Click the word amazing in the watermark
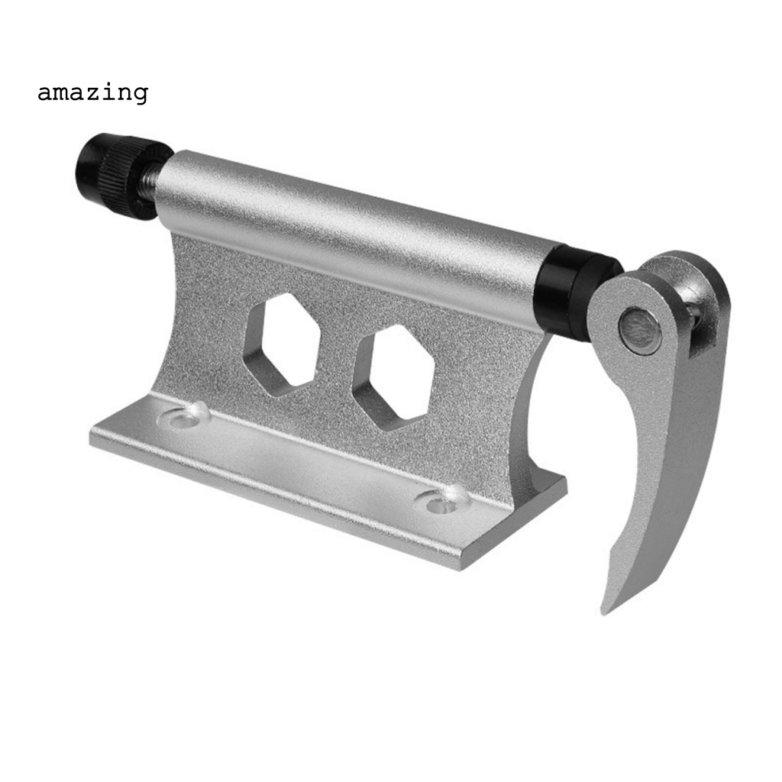92,93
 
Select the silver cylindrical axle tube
351,229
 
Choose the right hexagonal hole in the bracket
393,376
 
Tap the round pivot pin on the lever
639,331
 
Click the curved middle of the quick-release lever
657,458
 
